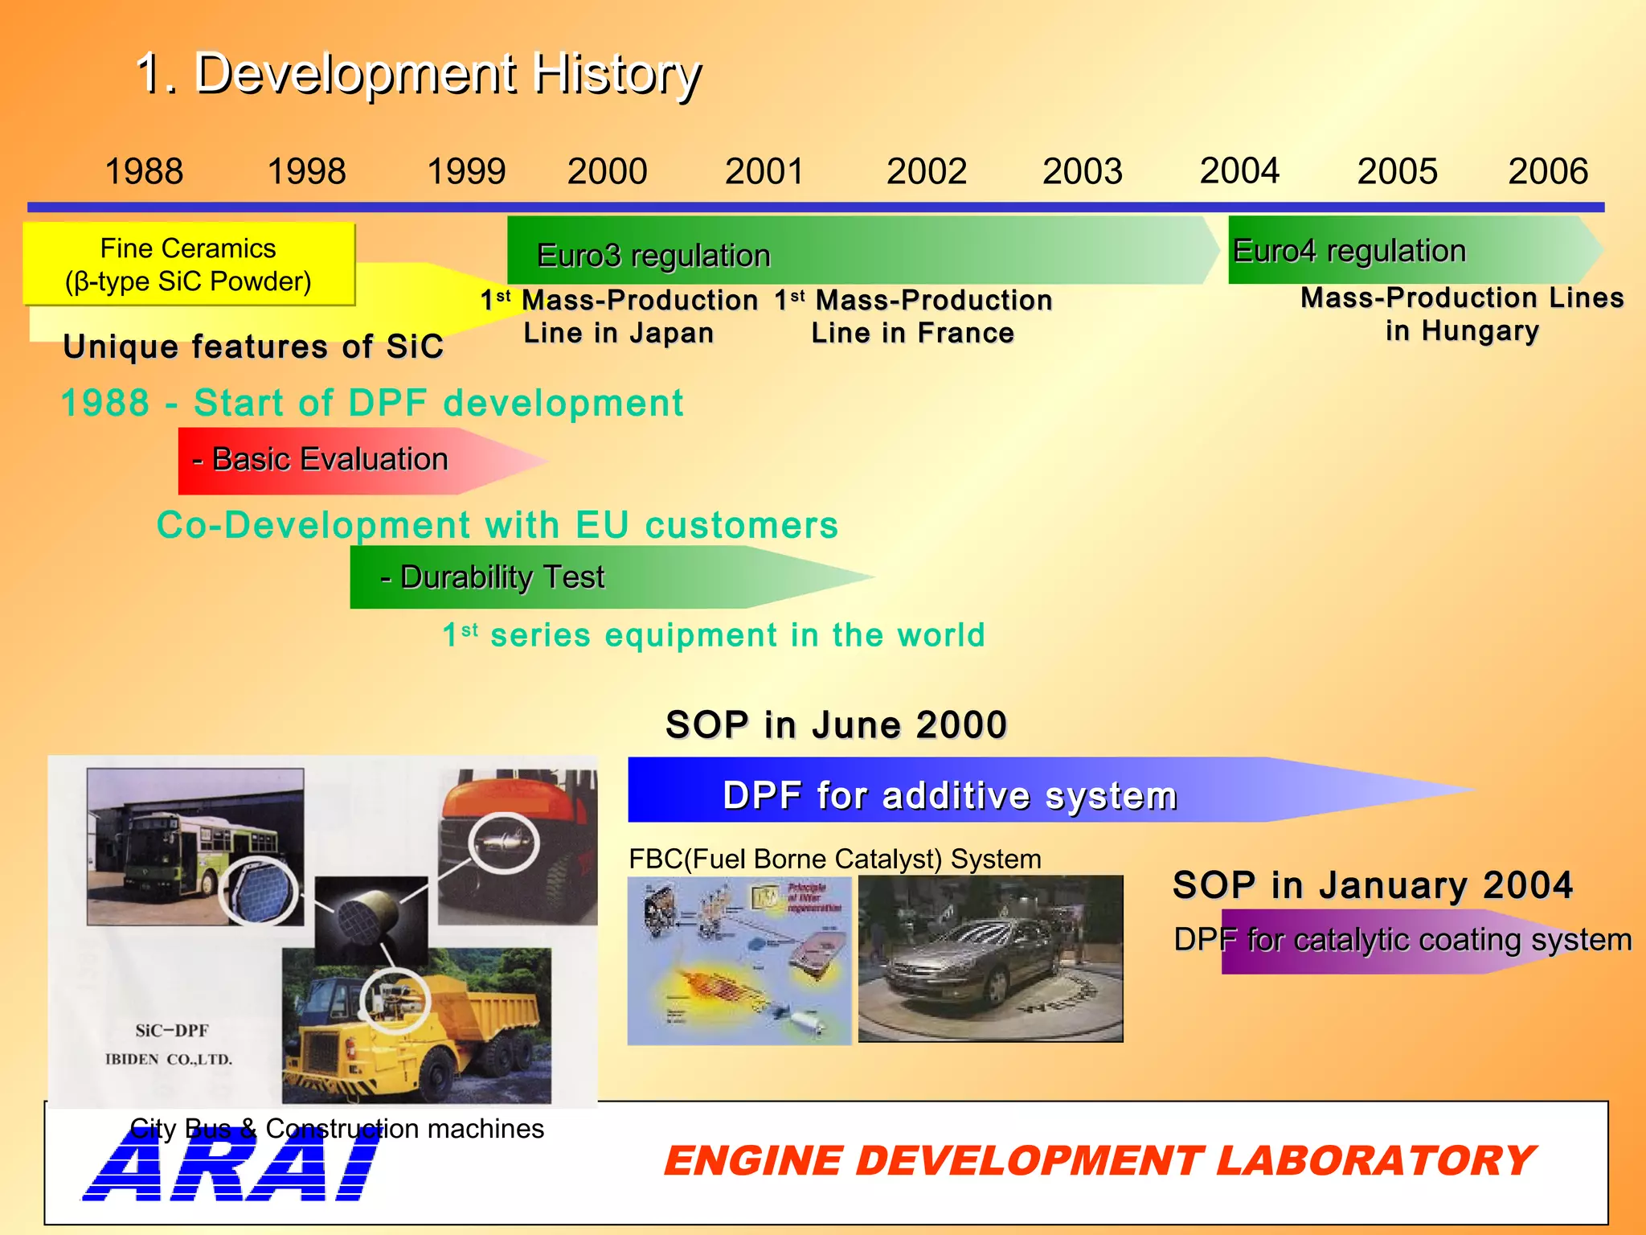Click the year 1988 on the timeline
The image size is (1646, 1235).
click(x=144, y=171)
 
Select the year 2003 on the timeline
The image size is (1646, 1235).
click(x=1082, y=171)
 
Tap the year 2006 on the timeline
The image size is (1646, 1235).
click(x=1547, y=171)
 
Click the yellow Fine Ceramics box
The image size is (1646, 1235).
click(x=188, y=265)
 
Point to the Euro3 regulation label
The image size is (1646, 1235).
click(x=653, y=256)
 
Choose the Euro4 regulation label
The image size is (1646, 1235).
click(x=1349, y=251)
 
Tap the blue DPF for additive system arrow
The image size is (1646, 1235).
click(x=948, y=794)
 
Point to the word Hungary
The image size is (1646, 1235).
click(x=1480, y=330)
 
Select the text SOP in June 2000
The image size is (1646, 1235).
click(x=836, y=724)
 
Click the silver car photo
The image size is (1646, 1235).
click(x=990, y=958)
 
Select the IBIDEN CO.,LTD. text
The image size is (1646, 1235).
click(x=169, y=1060)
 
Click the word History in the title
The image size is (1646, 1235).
click(x=616, y=73)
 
